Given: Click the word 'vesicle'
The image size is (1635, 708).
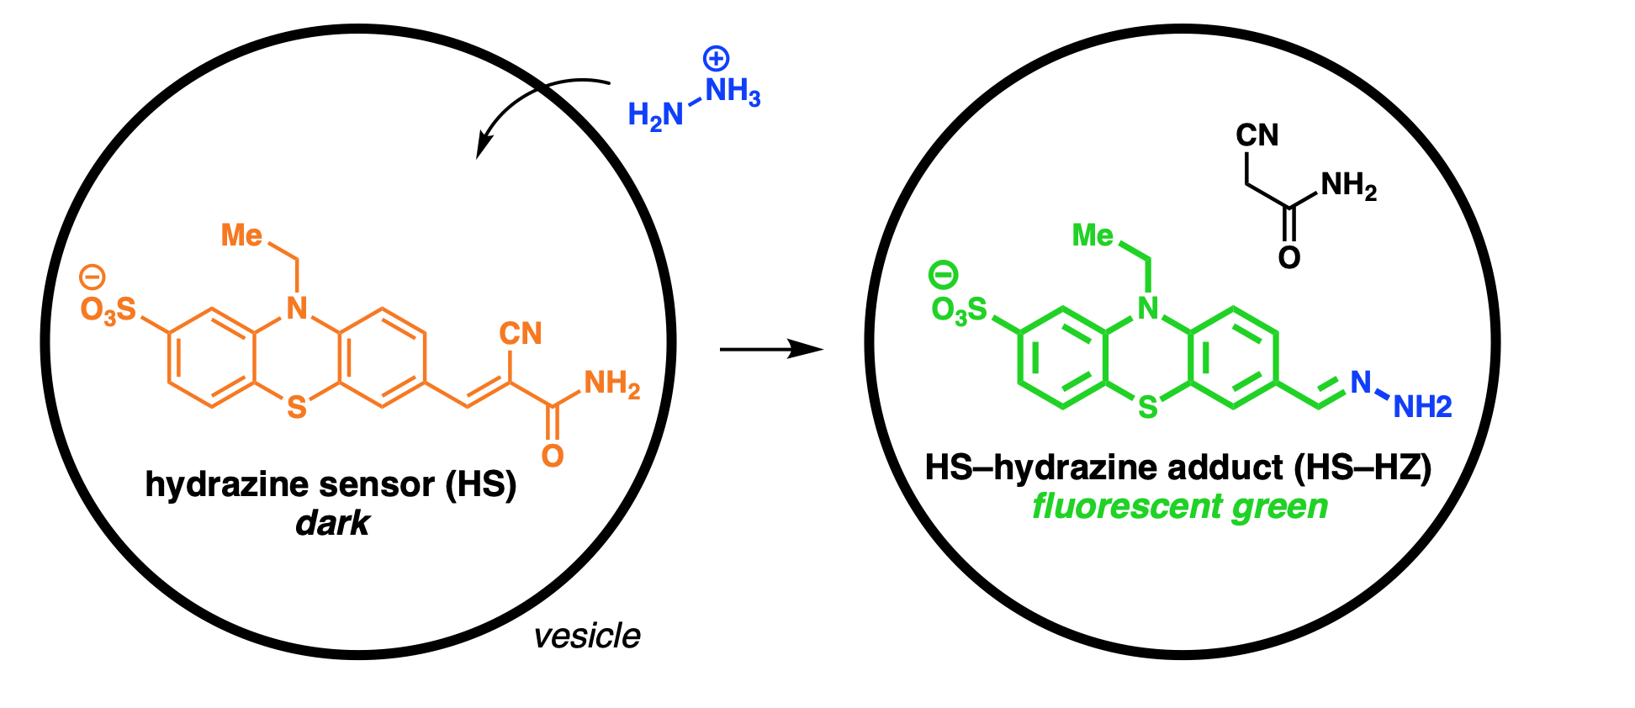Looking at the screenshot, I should coord(587,637).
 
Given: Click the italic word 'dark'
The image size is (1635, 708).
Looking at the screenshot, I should coord(332,524).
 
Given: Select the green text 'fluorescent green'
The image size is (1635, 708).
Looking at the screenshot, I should coord(1180,506).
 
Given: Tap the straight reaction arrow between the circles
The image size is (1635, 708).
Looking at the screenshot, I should coord(770,348).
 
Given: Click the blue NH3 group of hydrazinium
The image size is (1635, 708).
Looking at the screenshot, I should coord(733,91).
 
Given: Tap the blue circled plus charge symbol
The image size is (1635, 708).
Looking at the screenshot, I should coord(716,59).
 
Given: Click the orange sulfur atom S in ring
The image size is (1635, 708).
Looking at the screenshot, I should coord(296,408).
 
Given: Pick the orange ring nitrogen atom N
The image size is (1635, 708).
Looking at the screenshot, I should coord(296,309).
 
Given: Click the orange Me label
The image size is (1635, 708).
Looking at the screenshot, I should coord(241,235).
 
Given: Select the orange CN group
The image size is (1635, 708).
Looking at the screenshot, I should coord(521,334).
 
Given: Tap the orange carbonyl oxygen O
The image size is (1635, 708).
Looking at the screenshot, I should coord(553,456).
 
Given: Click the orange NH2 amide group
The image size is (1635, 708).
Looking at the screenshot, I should coord(611,384).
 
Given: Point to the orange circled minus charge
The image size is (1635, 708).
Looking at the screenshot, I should coord(93,277).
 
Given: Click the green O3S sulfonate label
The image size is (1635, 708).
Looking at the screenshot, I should coord(959,310).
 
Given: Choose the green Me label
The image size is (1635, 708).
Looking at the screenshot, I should coord(1093,235).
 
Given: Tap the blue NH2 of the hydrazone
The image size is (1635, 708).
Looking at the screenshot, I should coord(1422,407).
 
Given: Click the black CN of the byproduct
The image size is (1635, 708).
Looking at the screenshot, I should coord(1257,135).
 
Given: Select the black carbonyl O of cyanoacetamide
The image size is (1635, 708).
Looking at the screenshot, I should coord(1288,257).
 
